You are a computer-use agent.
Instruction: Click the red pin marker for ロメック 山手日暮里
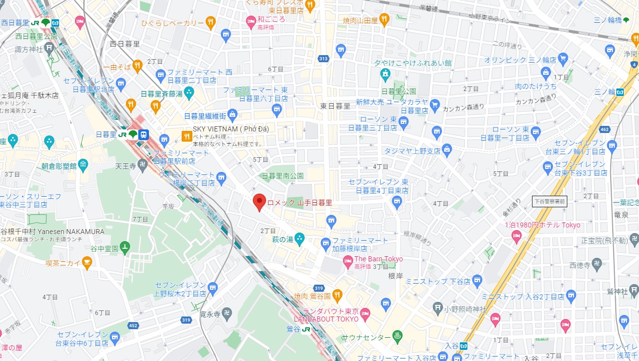259,201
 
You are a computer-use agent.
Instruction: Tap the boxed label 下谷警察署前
550,201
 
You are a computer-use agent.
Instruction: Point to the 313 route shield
324,59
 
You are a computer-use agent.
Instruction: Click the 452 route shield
133,326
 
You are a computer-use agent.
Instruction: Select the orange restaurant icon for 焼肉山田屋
384,20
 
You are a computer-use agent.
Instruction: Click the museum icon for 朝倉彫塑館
83,165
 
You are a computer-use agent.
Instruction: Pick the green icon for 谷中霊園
125,247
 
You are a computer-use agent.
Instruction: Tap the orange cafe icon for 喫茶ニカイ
87,262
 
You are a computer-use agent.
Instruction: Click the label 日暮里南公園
283,176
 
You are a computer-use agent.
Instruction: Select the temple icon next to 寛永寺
227,314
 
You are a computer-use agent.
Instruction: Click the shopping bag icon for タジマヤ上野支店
447,150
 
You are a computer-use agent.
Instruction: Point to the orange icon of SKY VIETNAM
186,136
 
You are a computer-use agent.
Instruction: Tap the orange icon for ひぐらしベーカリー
210,22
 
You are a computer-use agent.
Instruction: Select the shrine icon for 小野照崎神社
438,308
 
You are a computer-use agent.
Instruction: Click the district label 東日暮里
335,106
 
